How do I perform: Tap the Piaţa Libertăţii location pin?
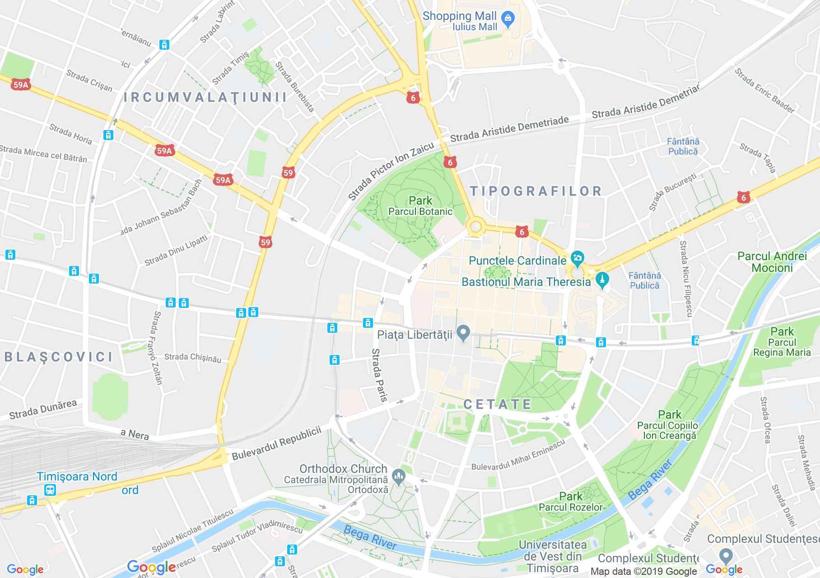click(462, 334)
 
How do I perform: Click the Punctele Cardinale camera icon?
click(577, 259)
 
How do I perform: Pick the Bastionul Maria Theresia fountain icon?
click(602, 280)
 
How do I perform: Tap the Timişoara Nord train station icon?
click(50, 489)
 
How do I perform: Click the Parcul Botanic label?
click(420, 211)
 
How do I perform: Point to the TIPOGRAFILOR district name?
click(536, 191)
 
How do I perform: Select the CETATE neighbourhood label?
click(498, 404)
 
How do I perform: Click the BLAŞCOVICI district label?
click(59, 357)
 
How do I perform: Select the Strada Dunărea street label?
click(43, 409)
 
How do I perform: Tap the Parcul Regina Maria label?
click(782, 347)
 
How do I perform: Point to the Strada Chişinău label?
click(193, 358)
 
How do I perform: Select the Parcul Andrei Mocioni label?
click(772, 262)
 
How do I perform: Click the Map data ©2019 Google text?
click(643, 572)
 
